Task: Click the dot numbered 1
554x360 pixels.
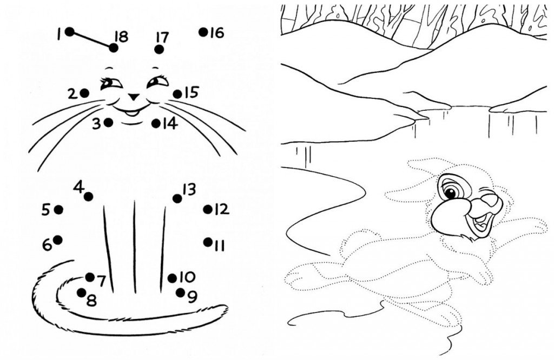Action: [x=70, y=32]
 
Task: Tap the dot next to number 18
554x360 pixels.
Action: [x=114, y=48]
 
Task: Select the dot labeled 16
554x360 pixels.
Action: [x=203, y=32]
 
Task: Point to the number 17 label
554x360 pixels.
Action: [x=162, y=37]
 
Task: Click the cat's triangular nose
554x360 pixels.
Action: [x=134, y=96]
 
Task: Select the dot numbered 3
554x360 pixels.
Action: [x=108, y=123]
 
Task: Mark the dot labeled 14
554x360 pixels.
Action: [x=156, y=123]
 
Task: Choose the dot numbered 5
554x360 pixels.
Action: [x=58, y=210]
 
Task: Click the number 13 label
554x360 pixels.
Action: [x=189, y=190]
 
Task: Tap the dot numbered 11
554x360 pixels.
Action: [x=208, y=242]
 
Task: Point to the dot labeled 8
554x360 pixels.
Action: [x=82, y=292]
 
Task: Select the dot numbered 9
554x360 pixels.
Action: [x=181, y=292]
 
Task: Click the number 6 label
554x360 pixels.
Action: [x=47, y=245]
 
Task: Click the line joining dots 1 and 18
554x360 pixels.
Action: [x=92, y=40]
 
